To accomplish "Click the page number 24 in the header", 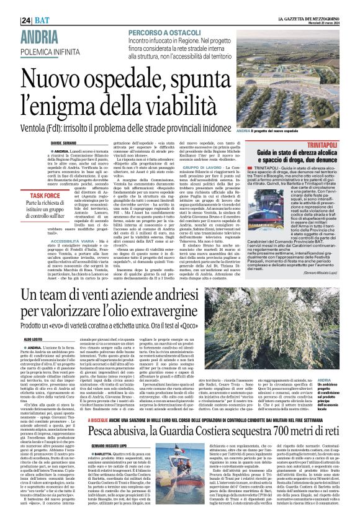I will click(25, 20).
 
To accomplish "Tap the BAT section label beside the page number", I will click(42, 20).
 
